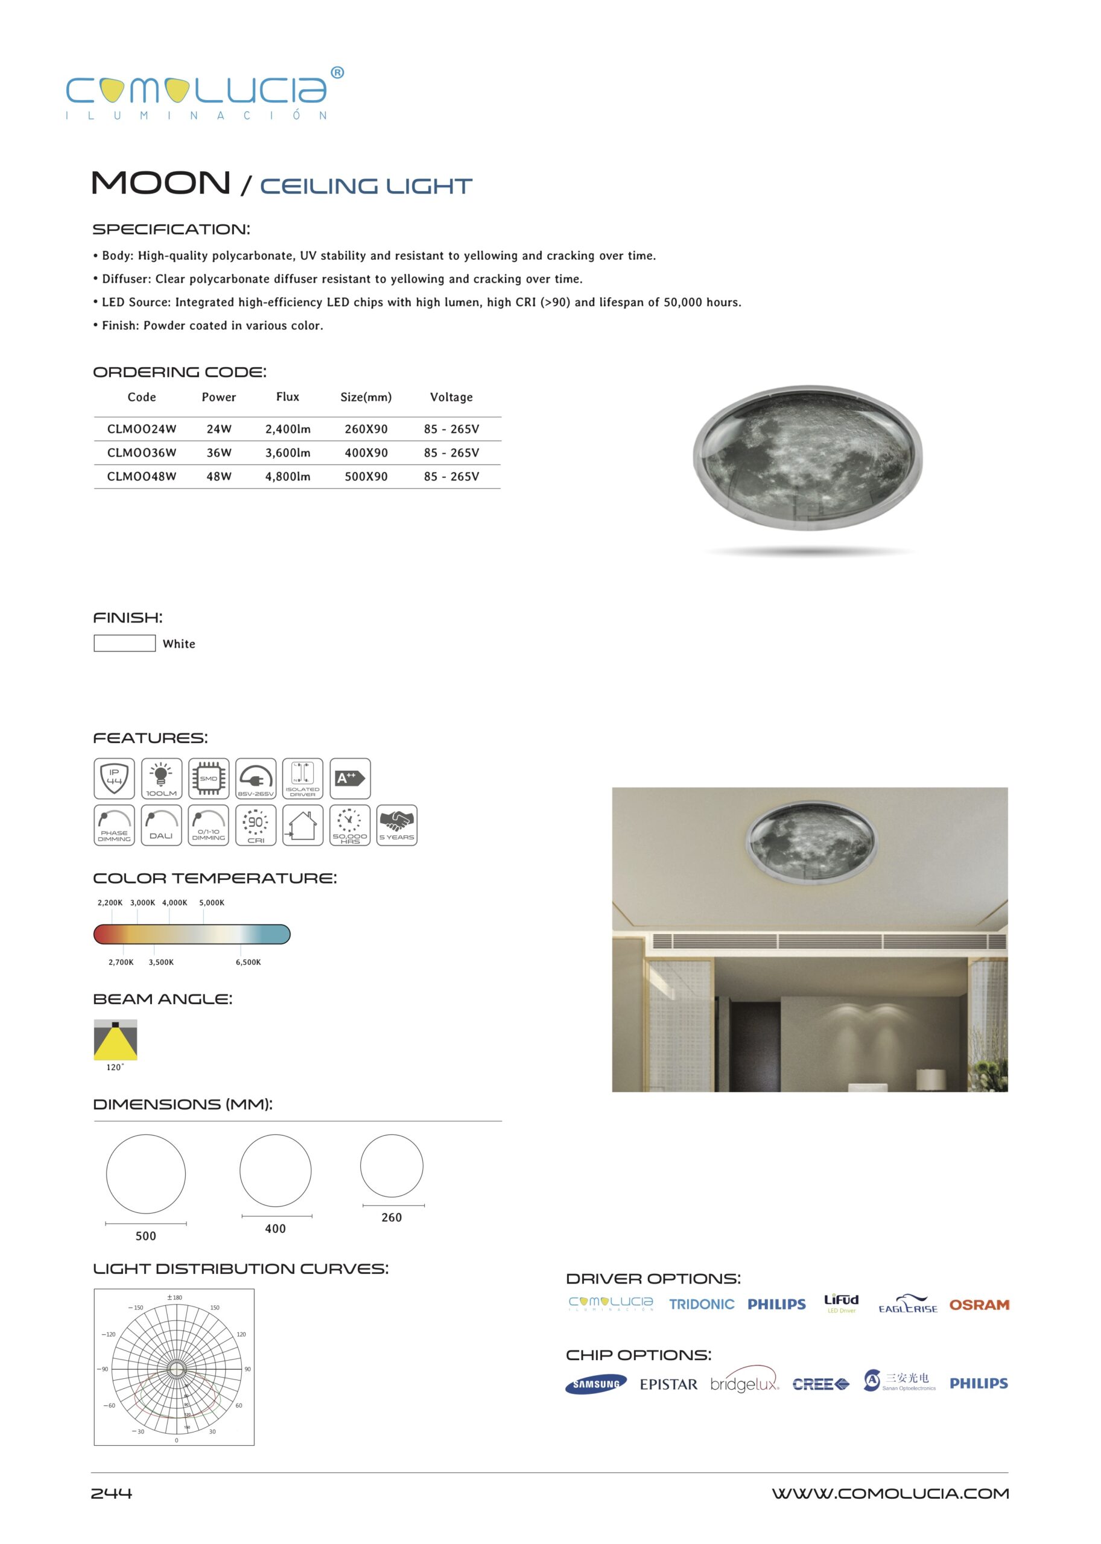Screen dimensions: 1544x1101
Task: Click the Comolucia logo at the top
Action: click(x=204, y=93)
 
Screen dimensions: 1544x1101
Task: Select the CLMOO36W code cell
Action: click(x=142, y=453)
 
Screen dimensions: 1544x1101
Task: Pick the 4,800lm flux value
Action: click(x=287, y=476)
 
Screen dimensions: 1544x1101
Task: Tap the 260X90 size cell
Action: click(x=366, y=429)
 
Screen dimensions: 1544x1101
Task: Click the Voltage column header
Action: click(x=451, y=397)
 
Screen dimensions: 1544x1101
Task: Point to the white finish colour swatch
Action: click(x=125, y=643)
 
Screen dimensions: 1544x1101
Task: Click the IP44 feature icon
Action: click(x=114, y=778)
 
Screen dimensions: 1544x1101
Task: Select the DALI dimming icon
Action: click(x=161, y=825)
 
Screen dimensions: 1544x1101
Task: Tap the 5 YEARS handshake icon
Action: click(x=396, y=825)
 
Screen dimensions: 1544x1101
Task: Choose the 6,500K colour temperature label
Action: click(x=248, y=963)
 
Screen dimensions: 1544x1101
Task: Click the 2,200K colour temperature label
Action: click(x=110, y=903)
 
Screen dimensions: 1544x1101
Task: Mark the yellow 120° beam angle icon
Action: click(x=115, y=1040)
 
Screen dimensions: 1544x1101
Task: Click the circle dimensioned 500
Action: click(x=146, y=1174)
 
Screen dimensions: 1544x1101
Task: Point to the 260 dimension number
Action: click(x=392, y=1217)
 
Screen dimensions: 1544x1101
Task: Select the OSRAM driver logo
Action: click(x=979, y=1305)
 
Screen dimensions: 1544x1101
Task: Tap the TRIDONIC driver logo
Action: click(x=702, y=1304)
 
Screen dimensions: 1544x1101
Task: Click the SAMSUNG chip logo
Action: click(x=596, y=1384)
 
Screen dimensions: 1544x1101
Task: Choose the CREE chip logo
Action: click(x=820, y=1384)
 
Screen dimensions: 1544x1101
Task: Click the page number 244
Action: click(x=112, y=1493)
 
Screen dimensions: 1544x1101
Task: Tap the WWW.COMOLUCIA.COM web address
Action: click(x=890, y=1494)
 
